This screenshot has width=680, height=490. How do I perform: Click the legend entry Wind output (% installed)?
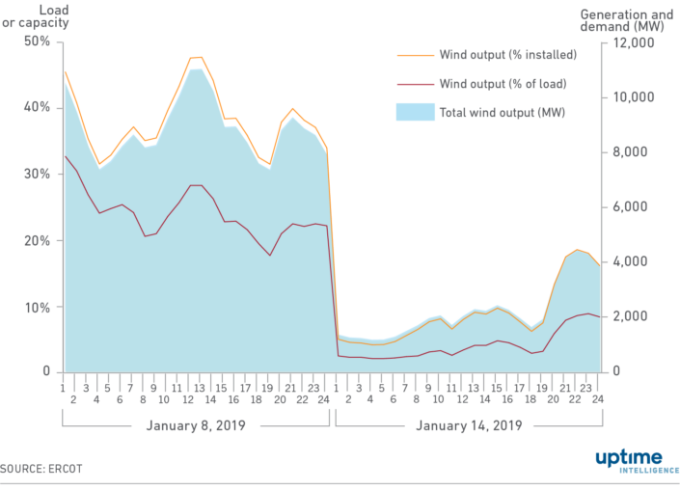(x=507, y=54)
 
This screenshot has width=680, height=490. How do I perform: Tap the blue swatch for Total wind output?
(x=413, y=113)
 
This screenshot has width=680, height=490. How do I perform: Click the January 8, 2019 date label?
(x=196, y=425)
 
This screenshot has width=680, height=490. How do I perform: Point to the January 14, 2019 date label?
(x=468, y=425)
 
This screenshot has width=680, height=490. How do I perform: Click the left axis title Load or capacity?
(x=35, y=16)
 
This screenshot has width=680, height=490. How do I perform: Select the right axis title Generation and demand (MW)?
(x=626, y=21)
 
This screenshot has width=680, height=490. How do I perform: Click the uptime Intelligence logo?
(x=630, y=461)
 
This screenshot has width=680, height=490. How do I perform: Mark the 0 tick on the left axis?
(x=45, y=372)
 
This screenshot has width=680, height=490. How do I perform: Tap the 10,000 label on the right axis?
(x=629, y=97)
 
